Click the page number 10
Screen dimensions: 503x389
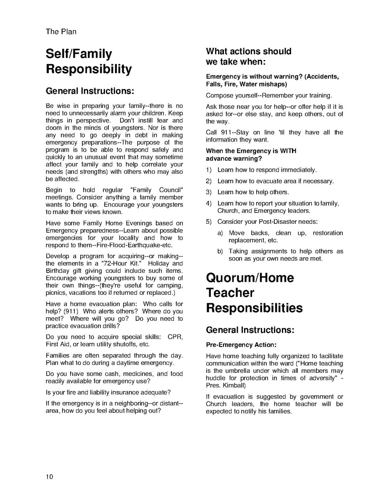coord(50,477)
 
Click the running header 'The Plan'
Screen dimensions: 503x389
coord(61,31)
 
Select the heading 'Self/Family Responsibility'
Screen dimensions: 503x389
coord(89,61)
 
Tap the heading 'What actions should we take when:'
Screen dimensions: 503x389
coord(248,57)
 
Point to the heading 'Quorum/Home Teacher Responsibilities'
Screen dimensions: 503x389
coord(254,293)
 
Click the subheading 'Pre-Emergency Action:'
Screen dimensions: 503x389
coord(241,345)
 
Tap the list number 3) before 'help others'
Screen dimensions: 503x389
coord(209,192)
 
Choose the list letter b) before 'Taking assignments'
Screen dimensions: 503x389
coord(220,251)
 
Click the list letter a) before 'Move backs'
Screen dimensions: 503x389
coord(220,233)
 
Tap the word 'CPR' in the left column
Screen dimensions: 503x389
coord(175,337)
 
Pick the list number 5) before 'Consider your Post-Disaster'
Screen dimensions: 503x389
coord(209,222)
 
